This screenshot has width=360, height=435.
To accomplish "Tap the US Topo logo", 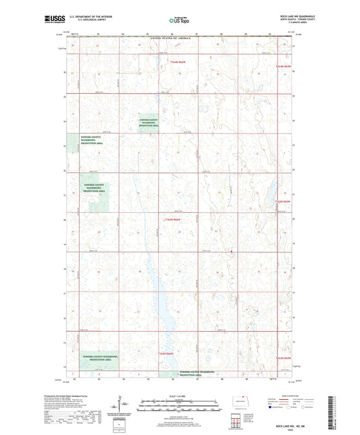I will coord(180,21).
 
